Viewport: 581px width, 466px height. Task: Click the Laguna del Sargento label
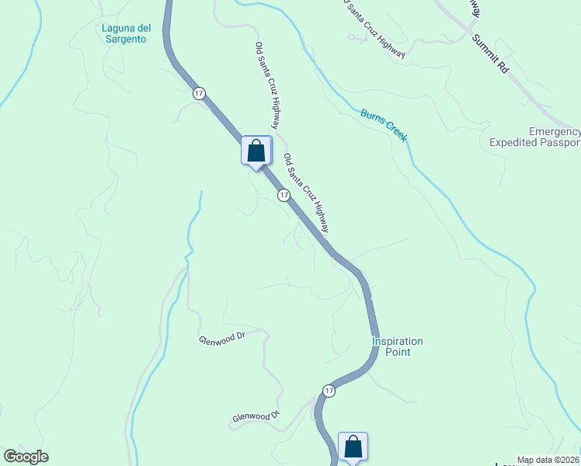coord(124,35)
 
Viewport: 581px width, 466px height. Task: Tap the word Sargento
coord(124,40)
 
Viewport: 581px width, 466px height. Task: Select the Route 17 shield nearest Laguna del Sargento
coord(200,93)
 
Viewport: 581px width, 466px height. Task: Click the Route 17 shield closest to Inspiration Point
coord(329,391)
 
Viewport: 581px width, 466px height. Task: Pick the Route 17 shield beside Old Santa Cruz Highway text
coord(284,196)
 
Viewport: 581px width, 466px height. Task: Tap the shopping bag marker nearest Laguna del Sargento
coord(256,151)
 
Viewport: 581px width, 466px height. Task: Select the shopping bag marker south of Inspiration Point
coord(353,447)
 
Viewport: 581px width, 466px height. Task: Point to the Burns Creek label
coord(384,124)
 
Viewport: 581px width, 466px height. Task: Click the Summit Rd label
coord(489,56)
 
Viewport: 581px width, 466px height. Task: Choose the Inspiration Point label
coord(397,346)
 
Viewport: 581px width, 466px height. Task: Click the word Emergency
coord(555,132)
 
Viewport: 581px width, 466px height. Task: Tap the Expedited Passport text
coord(535,143)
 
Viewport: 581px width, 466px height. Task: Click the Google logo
coord(26,457)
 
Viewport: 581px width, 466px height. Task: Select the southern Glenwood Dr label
coord(255,417)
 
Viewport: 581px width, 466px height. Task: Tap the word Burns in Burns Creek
coord(372,117)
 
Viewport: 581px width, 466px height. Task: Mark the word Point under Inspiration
coord(397,352)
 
